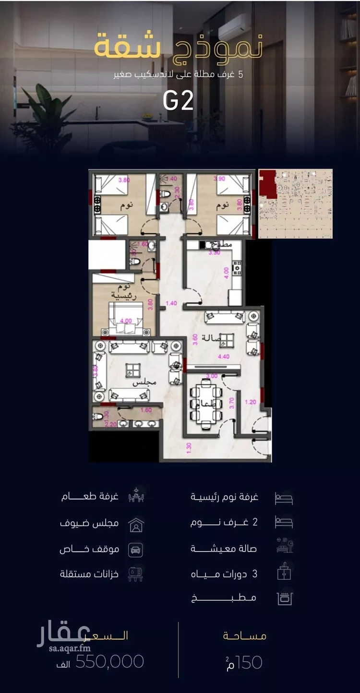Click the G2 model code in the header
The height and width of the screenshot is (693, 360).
pyautogui.click(x=178, y=100)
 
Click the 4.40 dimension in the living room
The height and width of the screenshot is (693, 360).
pyautogui.click(x=224, y=357)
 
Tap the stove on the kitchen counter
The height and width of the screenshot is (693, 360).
pyautogui.click(x=236, y=267)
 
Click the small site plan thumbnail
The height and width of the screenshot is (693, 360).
pyautogui.click(x=295, y=203)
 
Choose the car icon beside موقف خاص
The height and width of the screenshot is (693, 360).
pyautogui.click(x=136, y=550)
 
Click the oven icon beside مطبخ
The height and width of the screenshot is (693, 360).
pyautogui.click(x=285, y=598)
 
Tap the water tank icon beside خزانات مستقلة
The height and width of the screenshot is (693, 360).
pyautogui.click(x=136, y=574)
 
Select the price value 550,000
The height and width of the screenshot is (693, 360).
pyautogui.click(x=110, y=662)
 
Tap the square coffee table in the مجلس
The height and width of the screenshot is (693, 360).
pyautogui.click(x=130, y=370)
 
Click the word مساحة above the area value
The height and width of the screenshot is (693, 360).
pyautogui.click(x=244, y=636)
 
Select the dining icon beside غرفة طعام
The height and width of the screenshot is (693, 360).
pyautogui.click(x=136, y=496)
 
